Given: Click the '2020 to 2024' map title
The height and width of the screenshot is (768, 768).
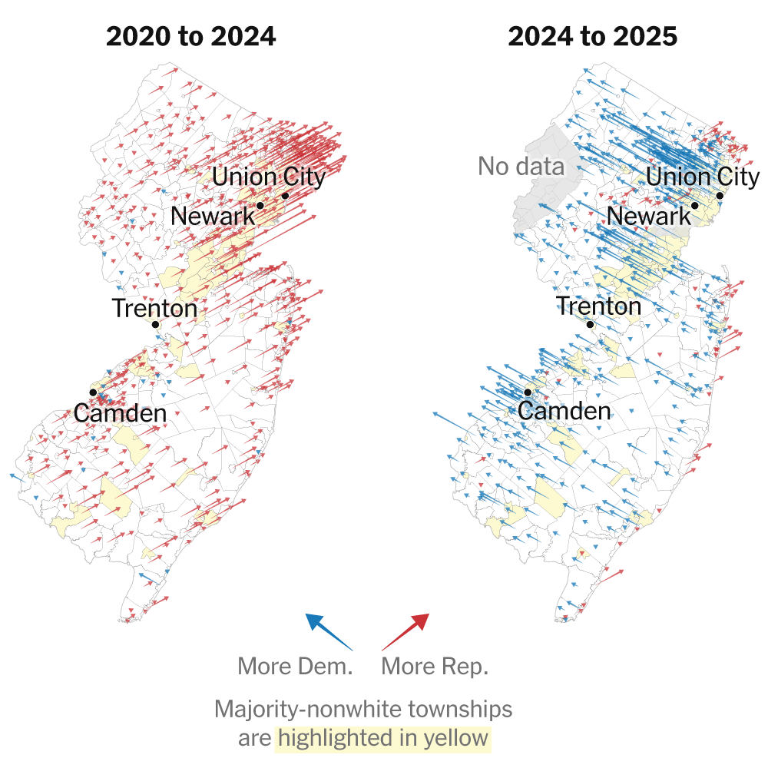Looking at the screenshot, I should [x=190, y=36].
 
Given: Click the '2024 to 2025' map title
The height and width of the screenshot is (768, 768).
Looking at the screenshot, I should [x=592, y=36].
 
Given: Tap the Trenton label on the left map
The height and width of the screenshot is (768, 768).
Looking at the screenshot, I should [x=154, y=309].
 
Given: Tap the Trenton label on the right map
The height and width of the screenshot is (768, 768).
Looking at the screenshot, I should [x=598, y=306].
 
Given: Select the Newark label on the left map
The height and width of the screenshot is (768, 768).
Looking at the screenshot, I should [x=213, y=216].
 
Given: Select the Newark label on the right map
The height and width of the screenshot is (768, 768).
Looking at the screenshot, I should [x=649, y=216].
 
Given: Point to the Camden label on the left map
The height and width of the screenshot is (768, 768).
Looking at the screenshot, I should [x=120, y=413].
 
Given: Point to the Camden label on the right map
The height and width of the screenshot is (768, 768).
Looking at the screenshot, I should [x=564, y=410].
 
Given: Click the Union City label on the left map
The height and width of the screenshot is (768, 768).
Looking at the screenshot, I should [x=269, y=177].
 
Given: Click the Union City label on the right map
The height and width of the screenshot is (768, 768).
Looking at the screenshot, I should [x=703, y=177].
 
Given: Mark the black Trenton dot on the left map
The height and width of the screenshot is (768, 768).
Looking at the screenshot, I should [x=155, y=324].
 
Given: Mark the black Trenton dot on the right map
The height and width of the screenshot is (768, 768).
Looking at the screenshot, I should [x=590, y=324].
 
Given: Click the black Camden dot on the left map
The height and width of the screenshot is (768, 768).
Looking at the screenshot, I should [x=93, y=392].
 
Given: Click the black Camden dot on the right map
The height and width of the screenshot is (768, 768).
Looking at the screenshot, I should [x=528, y=392].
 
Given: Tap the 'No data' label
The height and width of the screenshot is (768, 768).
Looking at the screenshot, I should [x=521, y=166].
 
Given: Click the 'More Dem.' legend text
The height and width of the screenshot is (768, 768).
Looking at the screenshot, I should [x=295, y=666].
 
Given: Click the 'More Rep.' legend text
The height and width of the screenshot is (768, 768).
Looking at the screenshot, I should [x=435, y=666].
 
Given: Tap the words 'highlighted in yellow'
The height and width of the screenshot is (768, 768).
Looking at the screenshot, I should [x=383, y=739].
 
